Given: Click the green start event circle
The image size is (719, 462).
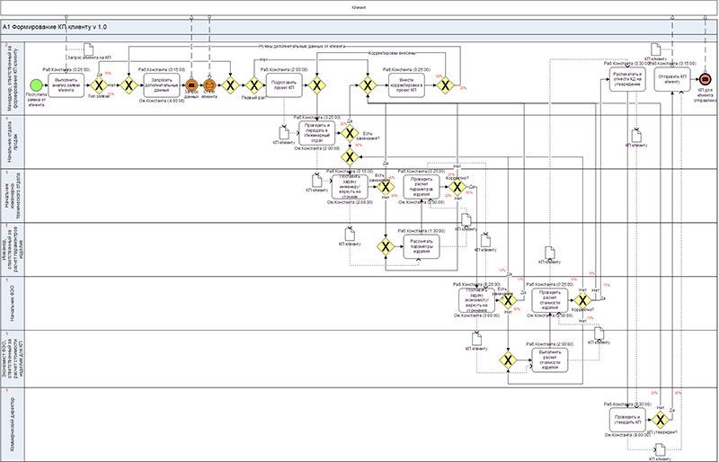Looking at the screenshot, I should pos(37,85).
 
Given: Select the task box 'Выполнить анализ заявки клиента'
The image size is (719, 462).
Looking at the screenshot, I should pos(73,85).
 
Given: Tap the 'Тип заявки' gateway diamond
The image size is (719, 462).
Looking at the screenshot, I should pos(128,85).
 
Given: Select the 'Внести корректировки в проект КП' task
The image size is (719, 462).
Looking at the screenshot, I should pos(406,85).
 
